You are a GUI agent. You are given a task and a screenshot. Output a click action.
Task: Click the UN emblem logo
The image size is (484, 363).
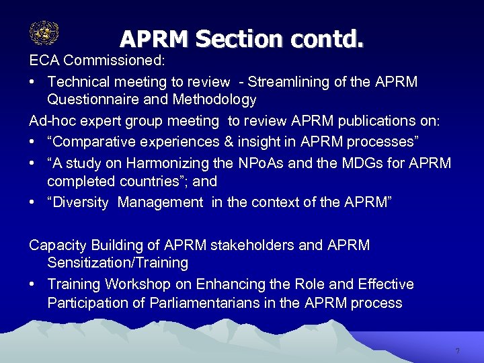(x=44, y=33)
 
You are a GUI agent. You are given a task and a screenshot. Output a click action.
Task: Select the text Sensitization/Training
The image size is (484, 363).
(x=118, y=263)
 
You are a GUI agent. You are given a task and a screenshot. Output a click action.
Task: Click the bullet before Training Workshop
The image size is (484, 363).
(x=33, y=284)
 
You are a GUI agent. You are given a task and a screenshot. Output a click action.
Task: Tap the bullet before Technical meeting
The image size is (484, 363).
(x=33, y=82)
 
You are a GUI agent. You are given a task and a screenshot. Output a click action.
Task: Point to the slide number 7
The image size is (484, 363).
(x=457, y=352)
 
